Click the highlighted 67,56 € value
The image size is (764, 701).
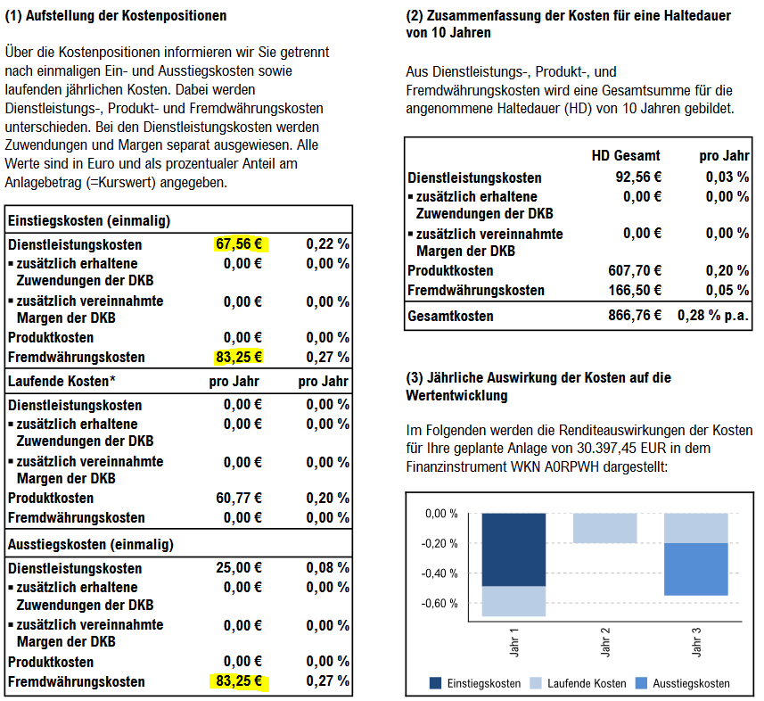tap(242, 244)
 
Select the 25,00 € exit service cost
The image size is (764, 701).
tap(242, 568)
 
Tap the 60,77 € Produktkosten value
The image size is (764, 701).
tap(242, 499)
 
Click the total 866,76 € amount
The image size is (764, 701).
tap(636, 316)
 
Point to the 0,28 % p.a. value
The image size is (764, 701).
tap(713, 316)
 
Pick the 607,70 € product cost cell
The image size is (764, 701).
tap(636, 271)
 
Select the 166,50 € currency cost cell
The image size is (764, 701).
tap(636, 290)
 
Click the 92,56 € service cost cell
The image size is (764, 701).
tap(638, 177)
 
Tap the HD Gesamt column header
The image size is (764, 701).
tap(626, 156)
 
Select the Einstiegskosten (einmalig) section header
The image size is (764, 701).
tap(89, 220)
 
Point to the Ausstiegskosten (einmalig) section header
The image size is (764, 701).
tap(91, 544)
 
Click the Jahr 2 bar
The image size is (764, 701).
tap(604, 528)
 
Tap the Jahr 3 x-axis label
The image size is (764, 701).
tap(696, 642)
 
